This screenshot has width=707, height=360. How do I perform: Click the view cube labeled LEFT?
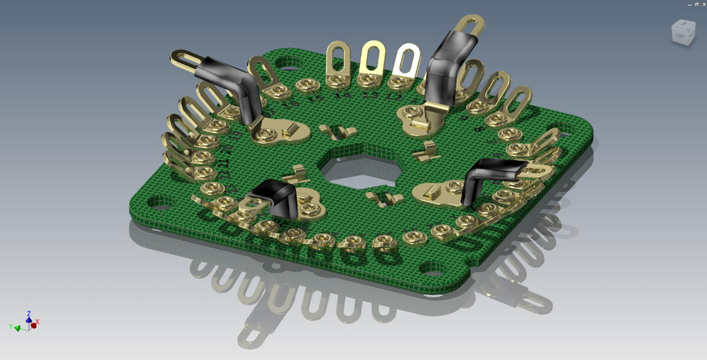pos(681,33)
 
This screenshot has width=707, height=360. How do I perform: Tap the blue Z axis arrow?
pos(29,314)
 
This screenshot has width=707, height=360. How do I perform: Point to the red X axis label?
pos(38,322)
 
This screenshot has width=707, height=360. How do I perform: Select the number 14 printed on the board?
pos(342,95)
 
